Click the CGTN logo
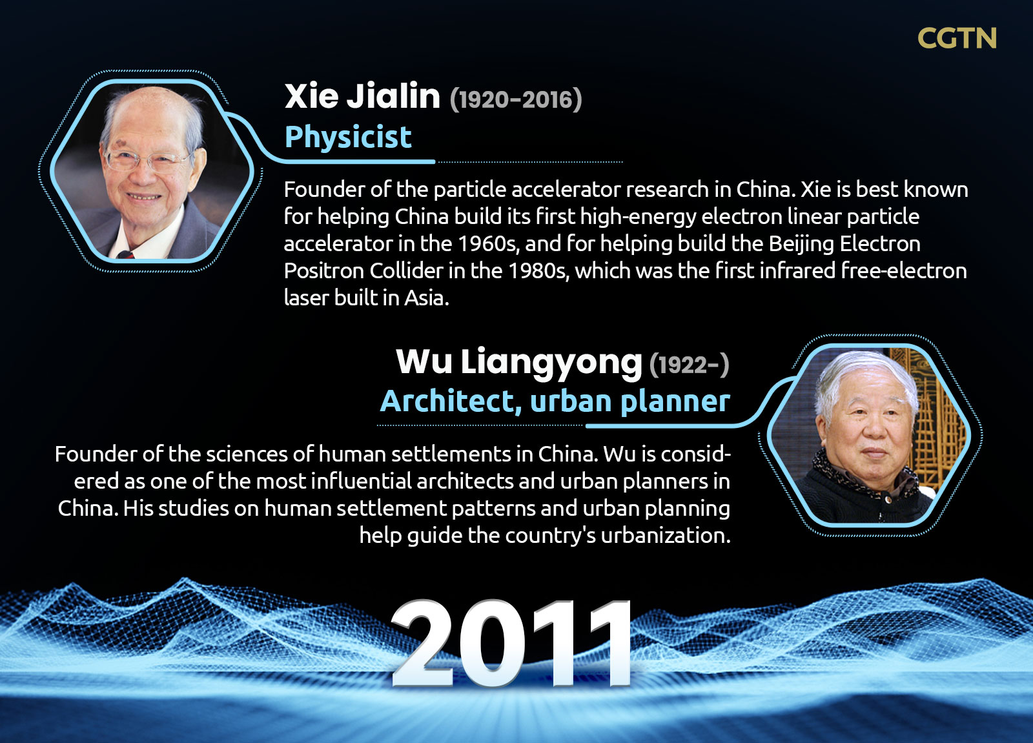click(x=957, y=38)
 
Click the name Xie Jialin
click(x=362, y=96)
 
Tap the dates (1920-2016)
click(x=516, y=99)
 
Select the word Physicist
click(x=348, y=137)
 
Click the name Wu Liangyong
click(x=519, y=363)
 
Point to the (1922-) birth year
click(x=690, y=365)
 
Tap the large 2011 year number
click(x=511, y=643)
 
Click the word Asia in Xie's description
click(x=426, y=298)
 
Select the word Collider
click(x=406, y=271)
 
